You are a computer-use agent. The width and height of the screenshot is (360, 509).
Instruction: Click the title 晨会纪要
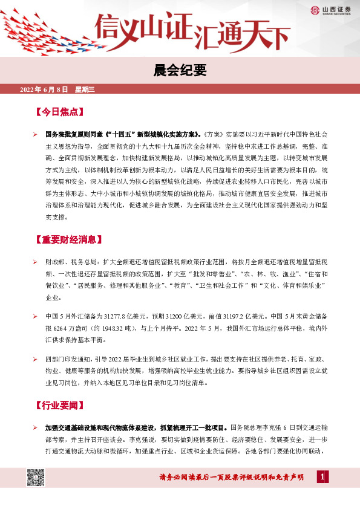(180, 71)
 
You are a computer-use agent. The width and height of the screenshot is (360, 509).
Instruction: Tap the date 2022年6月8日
(46, 89)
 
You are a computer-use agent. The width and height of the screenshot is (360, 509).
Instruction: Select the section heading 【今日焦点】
(59, 113)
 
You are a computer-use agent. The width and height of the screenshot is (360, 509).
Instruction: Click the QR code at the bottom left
(35, 478)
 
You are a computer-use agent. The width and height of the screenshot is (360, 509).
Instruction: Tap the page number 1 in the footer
(324, 478)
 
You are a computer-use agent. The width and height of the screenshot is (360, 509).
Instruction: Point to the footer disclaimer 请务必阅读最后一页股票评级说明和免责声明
(232, 478)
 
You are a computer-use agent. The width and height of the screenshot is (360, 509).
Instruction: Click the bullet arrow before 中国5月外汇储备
(35, 316)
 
